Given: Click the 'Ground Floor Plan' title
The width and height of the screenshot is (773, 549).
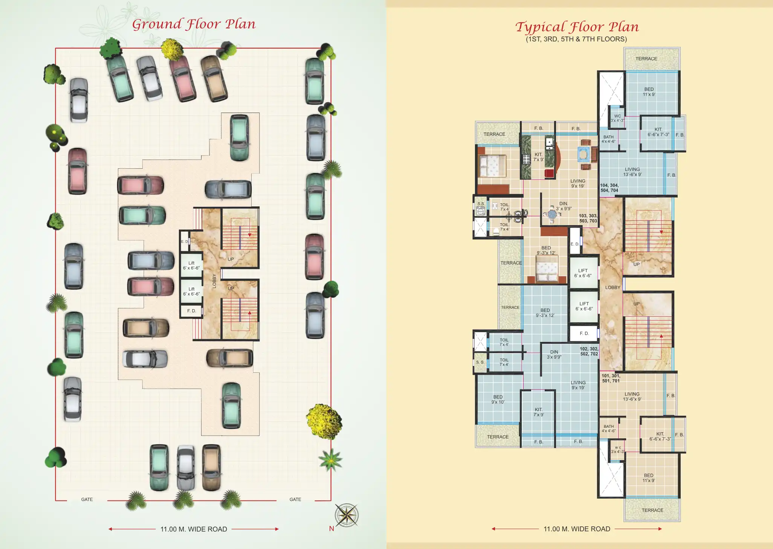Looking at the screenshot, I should pyautogui.click(x=194, y=24).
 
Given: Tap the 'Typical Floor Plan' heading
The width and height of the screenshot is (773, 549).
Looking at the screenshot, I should pyautogui.click(x=577, y=27).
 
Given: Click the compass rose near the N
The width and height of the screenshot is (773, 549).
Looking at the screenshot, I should pyautogui.click(x=347, y=515).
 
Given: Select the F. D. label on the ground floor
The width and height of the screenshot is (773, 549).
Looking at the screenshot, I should pyautogui.click(x=191, y=311).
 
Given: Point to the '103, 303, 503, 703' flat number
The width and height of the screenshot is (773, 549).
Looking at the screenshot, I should pyautogui.click(x=588, y=218).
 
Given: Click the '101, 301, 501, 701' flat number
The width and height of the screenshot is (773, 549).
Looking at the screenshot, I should pyautogui.click(x=611, y=378).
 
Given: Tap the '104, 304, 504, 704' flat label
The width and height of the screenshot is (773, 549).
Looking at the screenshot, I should pyautogui.click(x=609, y=188).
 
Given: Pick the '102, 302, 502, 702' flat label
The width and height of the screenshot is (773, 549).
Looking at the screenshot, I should pyautogui.click(x=589, y=351).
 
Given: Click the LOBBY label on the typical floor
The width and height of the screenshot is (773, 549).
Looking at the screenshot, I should pyautogui.click(x=613, y=287).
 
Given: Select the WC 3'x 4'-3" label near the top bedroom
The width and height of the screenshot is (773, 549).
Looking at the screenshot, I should pyautogui.click(x=617, y=118).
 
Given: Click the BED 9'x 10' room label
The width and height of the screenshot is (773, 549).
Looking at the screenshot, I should pyautogui.click(x=498, y=400).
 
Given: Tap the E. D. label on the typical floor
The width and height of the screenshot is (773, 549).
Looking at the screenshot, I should pyautogui.click(x=574, y=244).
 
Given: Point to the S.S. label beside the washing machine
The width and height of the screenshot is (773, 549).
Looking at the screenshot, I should pyautogui.click(x=481, y=204).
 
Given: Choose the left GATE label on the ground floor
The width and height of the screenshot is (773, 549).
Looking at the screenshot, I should pyautogui.click(x=87, y=499).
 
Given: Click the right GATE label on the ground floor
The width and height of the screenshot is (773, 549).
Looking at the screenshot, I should pyautogui.click(x=295, y=499).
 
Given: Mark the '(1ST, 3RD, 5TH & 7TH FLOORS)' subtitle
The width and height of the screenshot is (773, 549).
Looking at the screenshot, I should pyautogui.click(x=576, y=39).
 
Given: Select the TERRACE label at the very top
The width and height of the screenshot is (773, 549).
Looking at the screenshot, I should pyautogui.click(x=646, y=59).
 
